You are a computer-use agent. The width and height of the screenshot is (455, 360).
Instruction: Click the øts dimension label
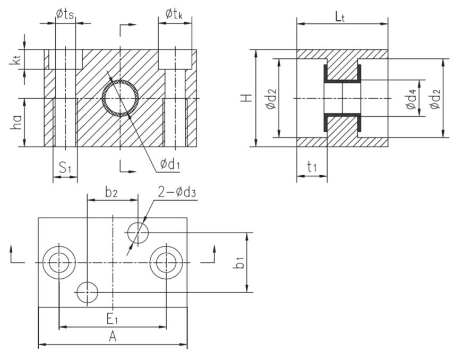pos(65,14)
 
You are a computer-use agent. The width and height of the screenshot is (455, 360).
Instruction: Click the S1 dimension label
pos(65,169)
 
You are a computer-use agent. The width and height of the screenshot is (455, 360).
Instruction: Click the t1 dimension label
pos(312,167)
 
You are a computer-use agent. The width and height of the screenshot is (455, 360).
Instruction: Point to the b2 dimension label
pos(111,193)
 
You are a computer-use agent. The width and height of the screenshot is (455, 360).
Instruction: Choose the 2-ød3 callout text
pos(176,192)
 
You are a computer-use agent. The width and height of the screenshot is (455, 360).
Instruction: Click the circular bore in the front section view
pos(121,98)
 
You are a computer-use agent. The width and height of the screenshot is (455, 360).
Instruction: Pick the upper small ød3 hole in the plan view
pos(138,232)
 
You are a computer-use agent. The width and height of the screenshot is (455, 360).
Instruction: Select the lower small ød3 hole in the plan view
pos(87,292)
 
